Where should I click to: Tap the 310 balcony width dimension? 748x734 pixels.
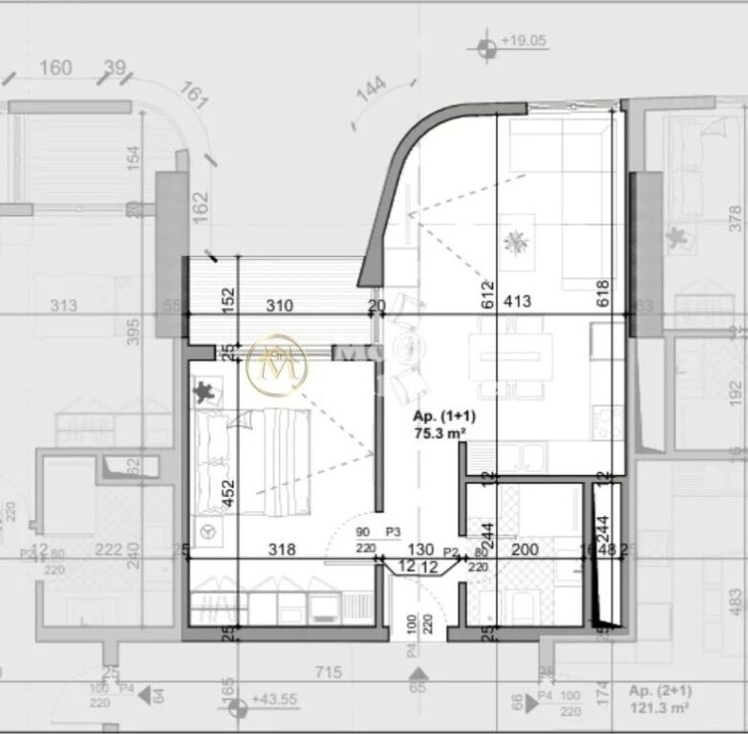click(279, 306)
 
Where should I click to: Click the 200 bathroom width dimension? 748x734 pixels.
click(524, 550)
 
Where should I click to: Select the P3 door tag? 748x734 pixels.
click(393, 532)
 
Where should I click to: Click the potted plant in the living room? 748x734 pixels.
click(518, 242)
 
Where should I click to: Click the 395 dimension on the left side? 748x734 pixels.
click(134, 331)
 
